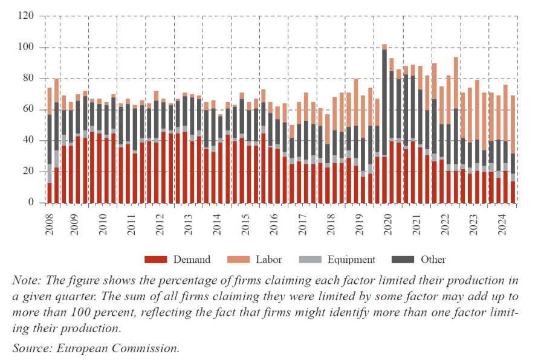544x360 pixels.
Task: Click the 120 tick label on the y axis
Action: coord(27,16)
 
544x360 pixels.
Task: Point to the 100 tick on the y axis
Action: coord(27,48)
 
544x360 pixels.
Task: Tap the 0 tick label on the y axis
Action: coord(31,203)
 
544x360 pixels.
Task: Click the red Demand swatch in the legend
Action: coord(155,259)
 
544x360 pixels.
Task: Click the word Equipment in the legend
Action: coord(351,260)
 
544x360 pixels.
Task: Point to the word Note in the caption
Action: coord(24,281)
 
